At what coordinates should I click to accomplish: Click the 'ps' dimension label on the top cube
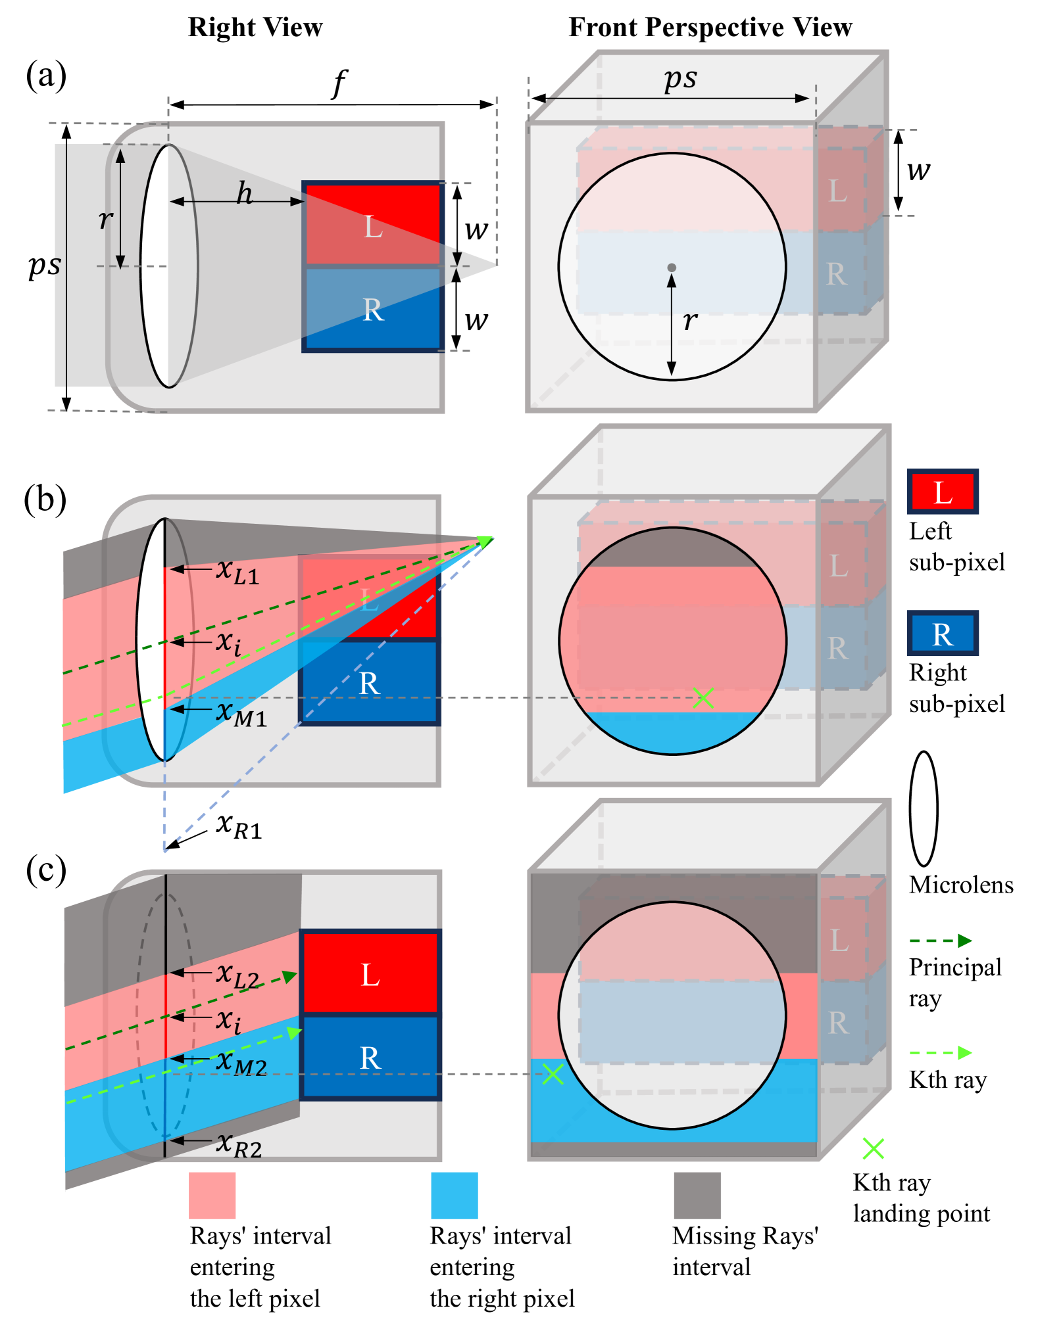(x=680, y=80)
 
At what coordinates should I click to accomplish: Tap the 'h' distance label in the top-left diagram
(x=245, y=194)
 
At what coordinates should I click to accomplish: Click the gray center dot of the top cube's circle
(x=672, y=268)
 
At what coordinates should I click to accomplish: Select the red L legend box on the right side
(x=943, y=492)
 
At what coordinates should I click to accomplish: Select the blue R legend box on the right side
(x=943, y=634)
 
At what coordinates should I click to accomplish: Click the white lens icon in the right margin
(x=924, y=808)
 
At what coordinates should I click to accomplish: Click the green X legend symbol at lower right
(x=873, y=1149)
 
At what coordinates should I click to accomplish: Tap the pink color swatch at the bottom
(x=212, y=1195)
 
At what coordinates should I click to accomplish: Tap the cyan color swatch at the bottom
(x=454, y=1195)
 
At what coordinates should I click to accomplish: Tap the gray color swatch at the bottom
(x=697, y=1195)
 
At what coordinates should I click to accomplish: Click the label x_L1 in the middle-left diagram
(x=237, y=572)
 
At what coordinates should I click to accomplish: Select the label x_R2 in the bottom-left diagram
(x=239, y=1145)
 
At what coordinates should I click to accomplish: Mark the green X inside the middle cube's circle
(x=703, y=698)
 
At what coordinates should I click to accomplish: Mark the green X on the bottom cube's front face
(x=553, y=1074)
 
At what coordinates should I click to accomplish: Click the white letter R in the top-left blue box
(x=373, y=310)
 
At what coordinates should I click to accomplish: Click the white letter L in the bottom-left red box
(x=370, y=975)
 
